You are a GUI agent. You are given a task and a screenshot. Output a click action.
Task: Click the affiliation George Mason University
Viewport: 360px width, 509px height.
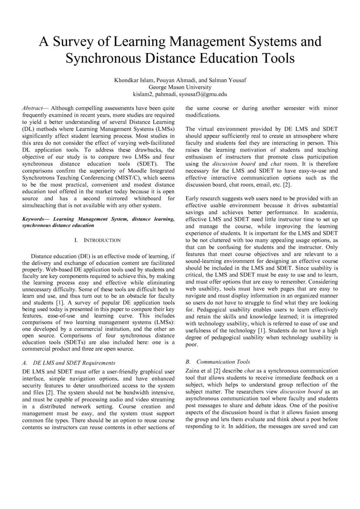180,87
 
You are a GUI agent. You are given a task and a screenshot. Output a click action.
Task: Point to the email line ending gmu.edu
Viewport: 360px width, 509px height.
180,94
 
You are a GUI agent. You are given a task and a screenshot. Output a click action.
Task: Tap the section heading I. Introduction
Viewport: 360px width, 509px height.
98,240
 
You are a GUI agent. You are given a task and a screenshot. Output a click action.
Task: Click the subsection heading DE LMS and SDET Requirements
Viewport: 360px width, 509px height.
74,363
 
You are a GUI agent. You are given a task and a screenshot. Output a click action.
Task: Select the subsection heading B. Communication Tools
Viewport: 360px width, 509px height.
217,362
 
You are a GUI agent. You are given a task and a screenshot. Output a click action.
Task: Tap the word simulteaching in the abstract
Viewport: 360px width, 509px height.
41,206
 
